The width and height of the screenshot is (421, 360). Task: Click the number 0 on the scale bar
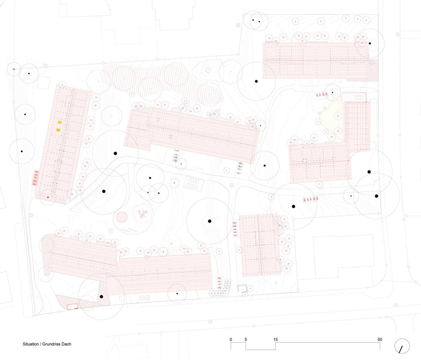pyautogui.click(x=230, y=340)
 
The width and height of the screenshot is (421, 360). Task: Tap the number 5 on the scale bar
pyautogui.click(x=246, y=340)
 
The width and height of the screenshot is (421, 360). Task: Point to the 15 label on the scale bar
pyautogui.click(x=275, y=340)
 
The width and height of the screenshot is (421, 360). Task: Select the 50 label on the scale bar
pyautogui.click(x=380, y=340)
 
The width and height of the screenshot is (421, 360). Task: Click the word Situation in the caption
pyautogui.click(x=31, y=344)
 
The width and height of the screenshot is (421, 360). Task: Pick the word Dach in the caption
pyautogui.click(x=67, y=344)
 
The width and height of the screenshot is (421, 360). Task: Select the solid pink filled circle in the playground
pyautogui.click(x=122, y=217)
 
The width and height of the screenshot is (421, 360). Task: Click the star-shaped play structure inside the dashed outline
pyautogui.click(x=143, y=214)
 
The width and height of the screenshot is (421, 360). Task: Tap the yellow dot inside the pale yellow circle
pyautogui.click(x=171, y=244)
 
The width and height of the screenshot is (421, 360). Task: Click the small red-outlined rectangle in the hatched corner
pyautogui.click(x=73, y=306)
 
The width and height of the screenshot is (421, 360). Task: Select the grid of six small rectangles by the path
pyautogui.click(x=194, y=183)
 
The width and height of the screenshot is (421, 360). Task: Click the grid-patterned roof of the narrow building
pyautogui.click(x=358, y=126)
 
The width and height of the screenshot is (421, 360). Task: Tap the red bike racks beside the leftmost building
pyautogui.click(x=36, y=178)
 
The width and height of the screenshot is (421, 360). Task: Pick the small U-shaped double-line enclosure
pyautogui.click(x=242, y=288)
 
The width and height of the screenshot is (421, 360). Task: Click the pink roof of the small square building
pyautogui.click(x=260, y=245)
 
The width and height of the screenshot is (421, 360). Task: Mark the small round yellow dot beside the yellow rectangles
pyautogui.click(x=67, y=124)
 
